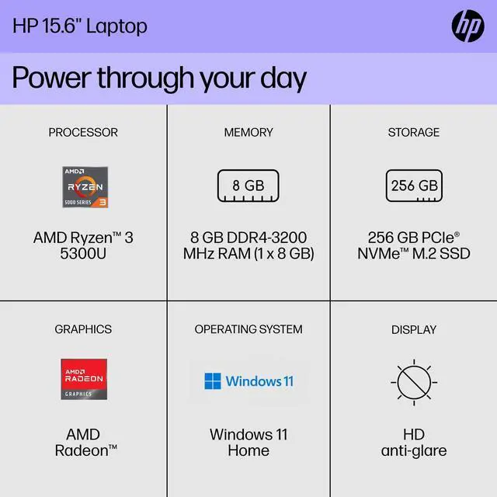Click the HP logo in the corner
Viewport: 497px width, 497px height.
coord(467,26)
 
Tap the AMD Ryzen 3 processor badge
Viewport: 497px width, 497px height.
coord(84,187)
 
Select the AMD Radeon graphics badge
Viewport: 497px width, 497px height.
coord(84,379)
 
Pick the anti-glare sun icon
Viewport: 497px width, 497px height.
coord(413,383)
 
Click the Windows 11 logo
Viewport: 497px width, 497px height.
coord(248,381)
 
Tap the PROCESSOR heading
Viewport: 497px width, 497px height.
coord(83,132)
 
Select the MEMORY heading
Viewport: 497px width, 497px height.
coord(248,132)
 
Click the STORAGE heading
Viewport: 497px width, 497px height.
coord(413,132)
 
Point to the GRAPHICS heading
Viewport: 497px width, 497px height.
coord(83,329)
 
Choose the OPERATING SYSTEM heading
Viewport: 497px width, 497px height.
coord(248,329)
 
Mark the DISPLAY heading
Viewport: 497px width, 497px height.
coord(413,329)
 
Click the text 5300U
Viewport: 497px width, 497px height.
coord(83,254)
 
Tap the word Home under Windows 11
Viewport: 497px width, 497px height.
coord(248,450)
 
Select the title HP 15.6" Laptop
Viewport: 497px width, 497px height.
coord(79,26)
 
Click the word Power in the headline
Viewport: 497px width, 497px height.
coord(51,78)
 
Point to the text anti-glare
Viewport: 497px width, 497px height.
coord(413,450)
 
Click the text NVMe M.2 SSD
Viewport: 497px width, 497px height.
coord(413,254)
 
